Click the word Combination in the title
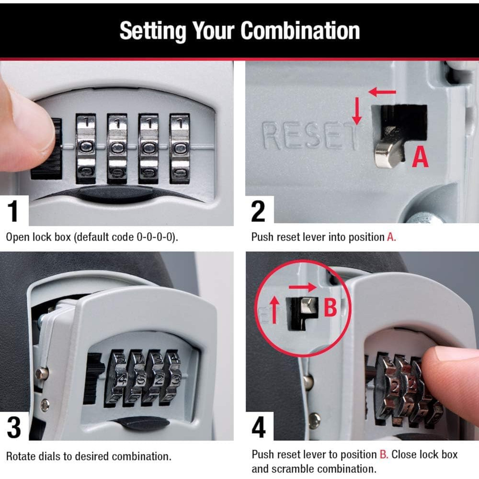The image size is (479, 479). coord(300,31)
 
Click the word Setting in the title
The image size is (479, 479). coord(152,31)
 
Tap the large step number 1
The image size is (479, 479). coord(14,212)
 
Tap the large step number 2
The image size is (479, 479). coord(258,212)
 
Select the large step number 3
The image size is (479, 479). coord(14,427)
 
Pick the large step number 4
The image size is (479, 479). coord(259,427)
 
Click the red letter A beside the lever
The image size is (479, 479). coord(420,157)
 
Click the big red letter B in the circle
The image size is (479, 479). coord(331,308)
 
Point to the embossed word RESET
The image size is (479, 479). coord(309,136)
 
